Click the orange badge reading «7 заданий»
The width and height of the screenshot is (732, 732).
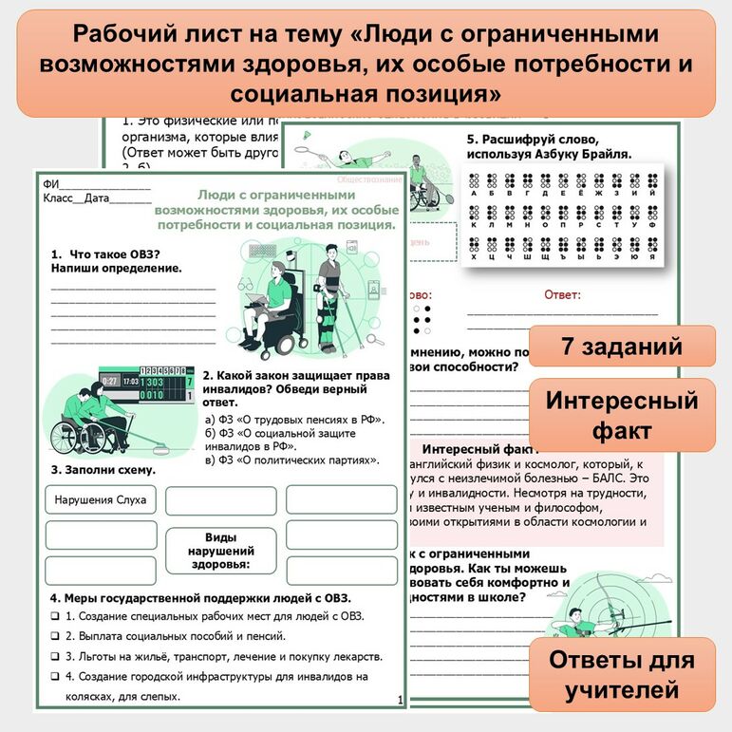(x=621, y=347)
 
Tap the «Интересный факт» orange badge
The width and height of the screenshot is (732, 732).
(x=621, y=415)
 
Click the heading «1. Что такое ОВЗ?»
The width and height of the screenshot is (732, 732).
(x=104, y=253)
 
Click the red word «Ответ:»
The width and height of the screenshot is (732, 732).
(x=562, y=295)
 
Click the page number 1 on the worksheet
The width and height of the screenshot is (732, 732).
(x=401, y=700)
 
